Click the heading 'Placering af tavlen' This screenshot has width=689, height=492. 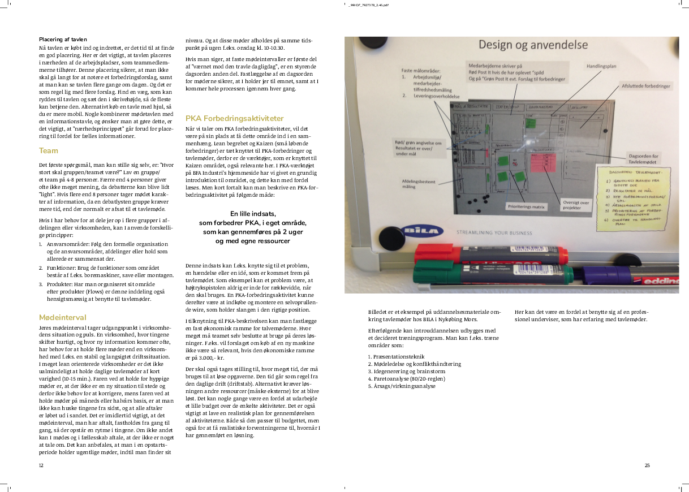63,40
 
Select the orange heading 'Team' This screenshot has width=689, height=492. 48,151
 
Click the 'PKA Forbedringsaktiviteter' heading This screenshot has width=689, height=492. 234,119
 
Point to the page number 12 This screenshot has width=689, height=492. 41,465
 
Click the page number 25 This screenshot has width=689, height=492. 647,465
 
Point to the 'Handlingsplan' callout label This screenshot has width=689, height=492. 601,66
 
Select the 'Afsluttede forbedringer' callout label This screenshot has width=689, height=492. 645,86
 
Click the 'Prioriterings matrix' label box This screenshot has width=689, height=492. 526,207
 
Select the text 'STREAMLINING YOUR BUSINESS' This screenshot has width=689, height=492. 494,232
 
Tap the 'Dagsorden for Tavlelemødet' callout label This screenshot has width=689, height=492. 643,159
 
